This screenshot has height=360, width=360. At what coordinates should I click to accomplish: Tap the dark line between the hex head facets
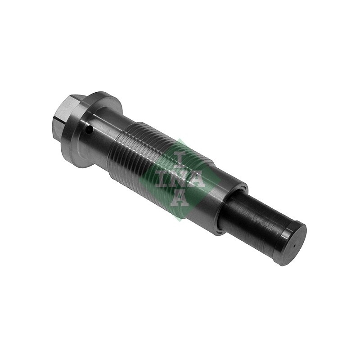pyautogui.click(x=60, y=119)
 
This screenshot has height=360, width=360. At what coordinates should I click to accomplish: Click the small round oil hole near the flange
pyautogui.click(x=89, y=130)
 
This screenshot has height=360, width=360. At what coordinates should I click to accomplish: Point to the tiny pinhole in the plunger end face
pyautogui.click(x=294, y=246)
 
